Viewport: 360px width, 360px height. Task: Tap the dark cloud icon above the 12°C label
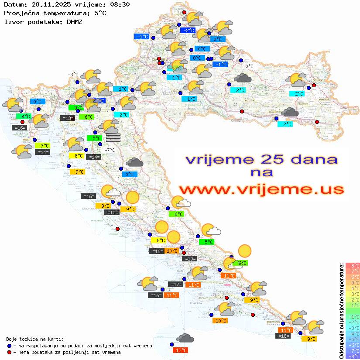click(x=185, y=338)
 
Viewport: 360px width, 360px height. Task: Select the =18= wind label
click(x=284, y=336)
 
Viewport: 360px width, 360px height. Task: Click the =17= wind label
click(x=175, y=285)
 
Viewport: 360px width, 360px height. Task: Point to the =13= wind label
click(x=66, y=118)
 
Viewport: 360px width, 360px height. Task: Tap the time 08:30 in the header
click(x=120, y=4)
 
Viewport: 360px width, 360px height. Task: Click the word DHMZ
click(x=74, y=21)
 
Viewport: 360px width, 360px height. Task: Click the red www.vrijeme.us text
click(x=261, y=189)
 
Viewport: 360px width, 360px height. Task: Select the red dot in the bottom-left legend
click(x=10, y=352)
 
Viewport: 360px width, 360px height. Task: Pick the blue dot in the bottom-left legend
click(x=10, y=345)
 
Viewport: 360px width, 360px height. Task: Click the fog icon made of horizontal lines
click(x=113, y=137)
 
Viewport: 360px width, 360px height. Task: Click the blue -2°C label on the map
click(x=187, y=31)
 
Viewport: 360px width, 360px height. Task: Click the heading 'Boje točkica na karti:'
click(x=35, y=339)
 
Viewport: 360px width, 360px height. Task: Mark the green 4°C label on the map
click(x=24, y=117)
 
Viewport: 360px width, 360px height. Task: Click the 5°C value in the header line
click(x=100, y=13)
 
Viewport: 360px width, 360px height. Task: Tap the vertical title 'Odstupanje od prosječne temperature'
click(x=341, y=311)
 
